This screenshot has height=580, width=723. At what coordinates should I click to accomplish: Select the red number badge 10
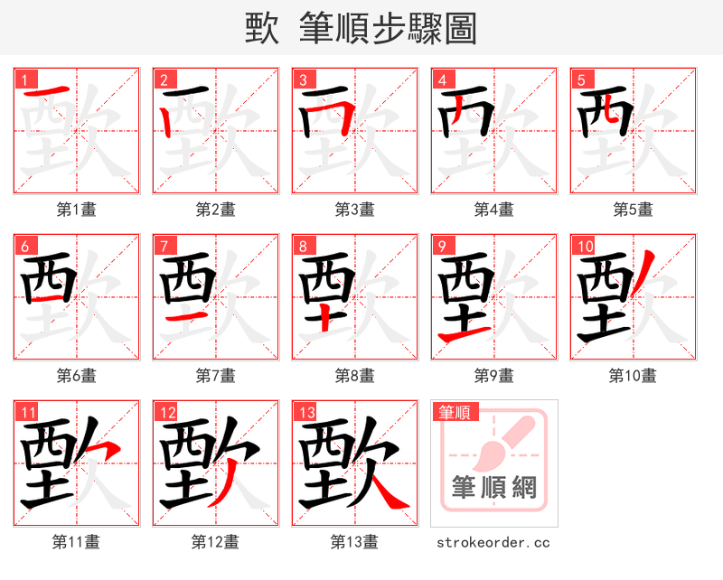click(x=584, y=246)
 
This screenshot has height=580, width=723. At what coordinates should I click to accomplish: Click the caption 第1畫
click(x=77, y=210)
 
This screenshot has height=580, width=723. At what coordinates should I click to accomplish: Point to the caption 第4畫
click(x=494, y=210)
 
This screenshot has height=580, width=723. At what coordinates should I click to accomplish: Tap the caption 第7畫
click(x=216, y=376)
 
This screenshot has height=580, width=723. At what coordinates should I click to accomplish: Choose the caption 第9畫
click(x=494, y=376)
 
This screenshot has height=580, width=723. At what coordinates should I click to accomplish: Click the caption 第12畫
click(x=216, y=542)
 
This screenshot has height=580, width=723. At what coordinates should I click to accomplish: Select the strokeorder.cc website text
click(x=493, y=543)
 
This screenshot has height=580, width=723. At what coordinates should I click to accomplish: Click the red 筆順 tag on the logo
click(x=453, y=412)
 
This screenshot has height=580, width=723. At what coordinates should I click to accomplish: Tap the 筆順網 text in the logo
click(x=494, y=489)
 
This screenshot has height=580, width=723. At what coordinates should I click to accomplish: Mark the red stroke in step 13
click(x=386, y=492)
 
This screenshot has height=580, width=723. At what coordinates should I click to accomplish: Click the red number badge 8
click(x=304, y=246)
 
